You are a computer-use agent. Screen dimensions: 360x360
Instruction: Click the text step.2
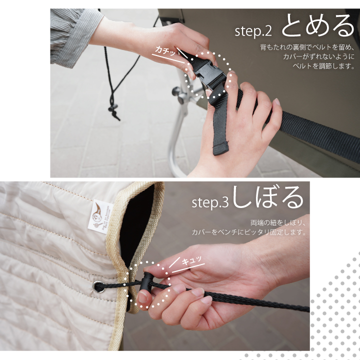coord(253,31)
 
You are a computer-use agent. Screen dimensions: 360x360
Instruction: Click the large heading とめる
coord(318,25)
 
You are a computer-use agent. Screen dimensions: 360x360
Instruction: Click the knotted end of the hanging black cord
coord(114,112)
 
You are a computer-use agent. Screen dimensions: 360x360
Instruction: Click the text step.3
coord(210,202)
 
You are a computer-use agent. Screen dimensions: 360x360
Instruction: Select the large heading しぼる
coord(268,197)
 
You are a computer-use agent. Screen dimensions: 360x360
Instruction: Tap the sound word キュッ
coord(191,261)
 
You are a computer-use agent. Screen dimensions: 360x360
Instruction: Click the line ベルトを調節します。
coord(323,66)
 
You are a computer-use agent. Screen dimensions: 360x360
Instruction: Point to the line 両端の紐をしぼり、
coord(278,223)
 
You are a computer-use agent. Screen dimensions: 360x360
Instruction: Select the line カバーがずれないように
coord(319,56)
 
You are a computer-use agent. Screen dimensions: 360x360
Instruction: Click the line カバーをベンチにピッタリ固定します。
coord(249,232)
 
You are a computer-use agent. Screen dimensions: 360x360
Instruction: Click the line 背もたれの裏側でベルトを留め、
coord(307,47)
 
